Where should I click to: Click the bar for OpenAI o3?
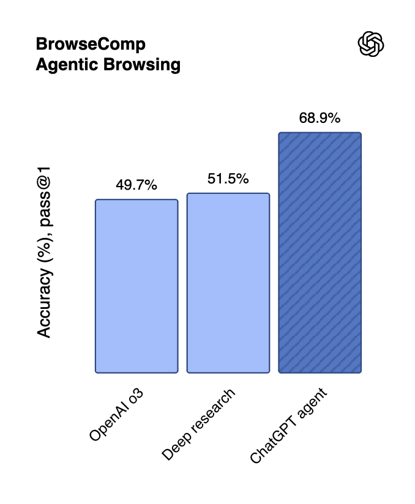[x=136, y=286]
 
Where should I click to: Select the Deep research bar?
[x=228, y=283]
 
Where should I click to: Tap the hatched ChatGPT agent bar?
[x=320, y=253]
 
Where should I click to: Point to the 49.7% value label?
[x=136, y=185]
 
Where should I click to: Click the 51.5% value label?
[x=228, y=179]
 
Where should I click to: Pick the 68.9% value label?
[x=320, y=118]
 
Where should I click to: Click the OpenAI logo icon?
[x=371, y=44]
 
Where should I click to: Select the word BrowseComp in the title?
[x=91, y=44]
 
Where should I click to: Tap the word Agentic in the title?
[x=67, y=65]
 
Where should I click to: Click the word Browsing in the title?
[x=142, y=65]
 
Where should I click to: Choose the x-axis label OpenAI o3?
[x=116, y=415]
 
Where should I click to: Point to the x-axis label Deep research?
[x=198, y=424]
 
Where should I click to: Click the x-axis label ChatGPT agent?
[x=288, y=426]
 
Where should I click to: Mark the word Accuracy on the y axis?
[x=44, y=303]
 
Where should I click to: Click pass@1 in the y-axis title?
[x=44, y=196]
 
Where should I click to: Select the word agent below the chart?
[x=312, y=403]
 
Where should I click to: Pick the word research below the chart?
[x=212, y=410]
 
